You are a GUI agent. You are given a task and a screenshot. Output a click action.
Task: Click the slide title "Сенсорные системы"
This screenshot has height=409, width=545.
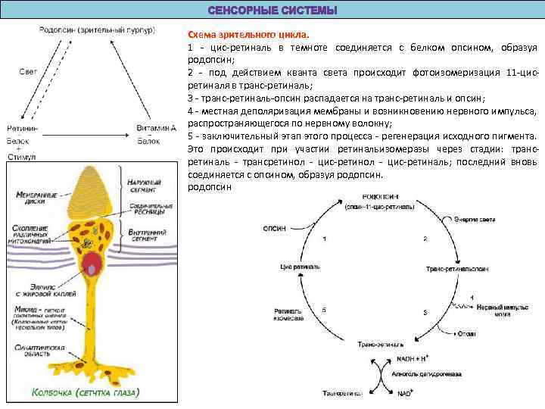272,10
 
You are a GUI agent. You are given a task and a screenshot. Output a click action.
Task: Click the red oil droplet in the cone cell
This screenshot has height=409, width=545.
93,264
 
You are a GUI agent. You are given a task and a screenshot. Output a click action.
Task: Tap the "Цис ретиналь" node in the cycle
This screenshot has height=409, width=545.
296,267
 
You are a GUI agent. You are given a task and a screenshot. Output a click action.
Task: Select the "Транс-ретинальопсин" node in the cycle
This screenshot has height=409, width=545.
456,269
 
